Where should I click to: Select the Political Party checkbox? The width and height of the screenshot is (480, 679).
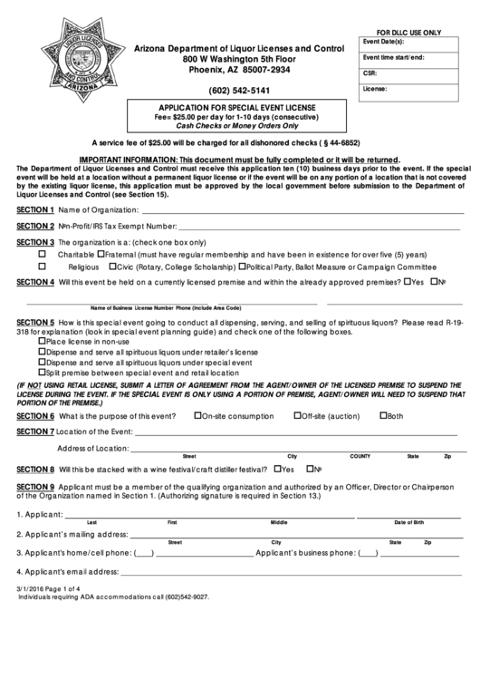click(x=242, y=267)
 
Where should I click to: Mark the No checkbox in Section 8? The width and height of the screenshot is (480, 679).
click(x=308, y=469)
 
